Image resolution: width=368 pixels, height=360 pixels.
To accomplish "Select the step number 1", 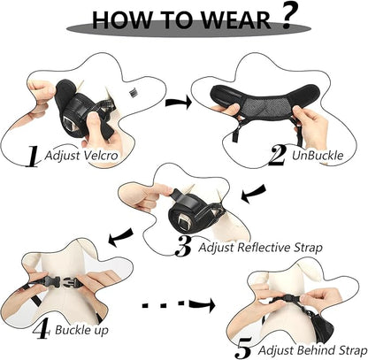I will pyautogui.click(x=30, y=157).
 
